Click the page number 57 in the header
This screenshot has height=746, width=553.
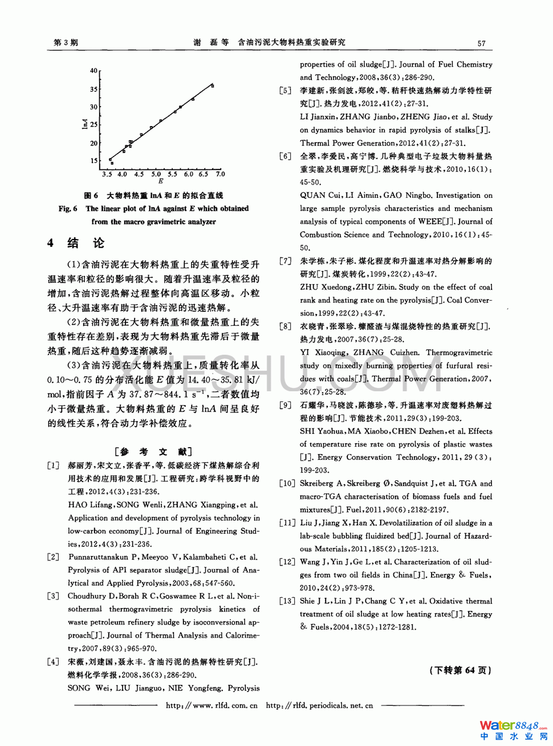click(481, 43)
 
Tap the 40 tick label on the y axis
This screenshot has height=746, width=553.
click(93, 71)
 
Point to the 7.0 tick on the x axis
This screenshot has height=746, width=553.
click(220, 174)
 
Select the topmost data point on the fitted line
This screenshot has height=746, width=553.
click(213, 86)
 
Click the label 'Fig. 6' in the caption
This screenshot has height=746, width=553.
click(68, 209)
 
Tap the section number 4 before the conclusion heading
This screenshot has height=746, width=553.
click(51, 244)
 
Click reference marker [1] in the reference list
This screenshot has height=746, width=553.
click(53, 465)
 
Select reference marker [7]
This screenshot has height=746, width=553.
click(285, 261)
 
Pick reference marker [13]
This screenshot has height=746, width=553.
click(287, 601)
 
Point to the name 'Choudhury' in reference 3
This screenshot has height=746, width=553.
click(87, 596)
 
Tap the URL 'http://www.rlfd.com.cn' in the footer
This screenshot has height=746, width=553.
click(212, 706)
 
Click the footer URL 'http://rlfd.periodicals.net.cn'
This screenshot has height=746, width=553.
click(319, 706)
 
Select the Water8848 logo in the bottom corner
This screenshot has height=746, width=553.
click(513, 729)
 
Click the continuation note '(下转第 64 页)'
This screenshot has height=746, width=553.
click(460, 670)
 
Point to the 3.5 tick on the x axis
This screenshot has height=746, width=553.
click(107, 174)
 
